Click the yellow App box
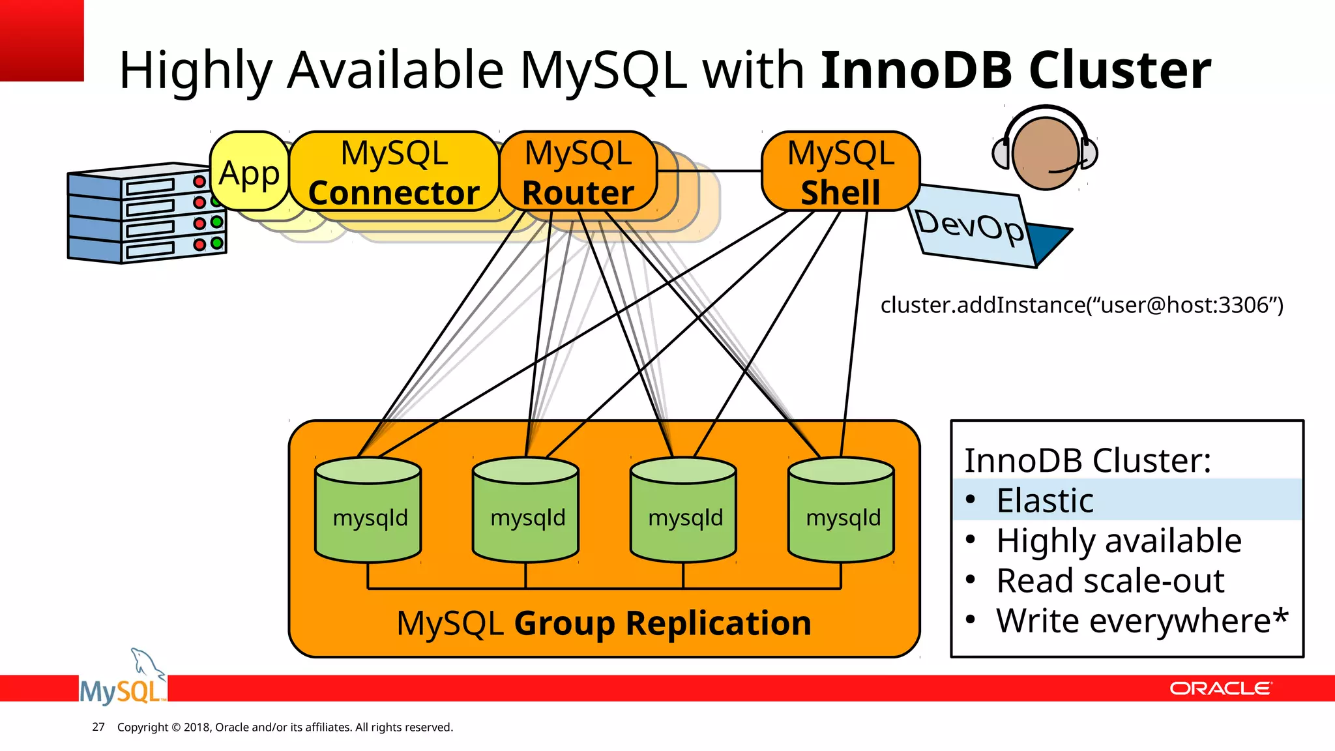pos(249,172)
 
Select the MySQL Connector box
pos(394,172)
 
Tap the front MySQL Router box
pos(578,172)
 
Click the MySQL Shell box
pos(840,172)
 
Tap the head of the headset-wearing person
pos(1045,153)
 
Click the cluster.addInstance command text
pos(1081,305)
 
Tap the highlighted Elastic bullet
pos(1044,501)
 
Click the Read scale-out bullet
pos(1109,581)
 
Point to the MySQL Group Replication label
pos(604,623)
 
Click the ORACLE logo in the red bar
pos(1220,688)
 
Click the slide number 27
pos(98,727)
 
